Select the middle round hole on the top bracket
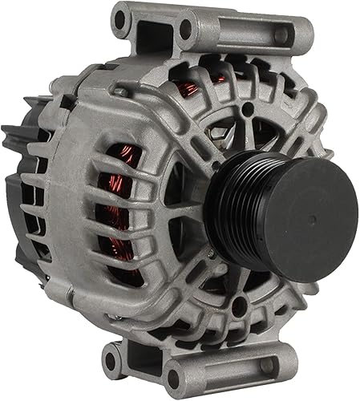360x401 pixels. tap(186, 30)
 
